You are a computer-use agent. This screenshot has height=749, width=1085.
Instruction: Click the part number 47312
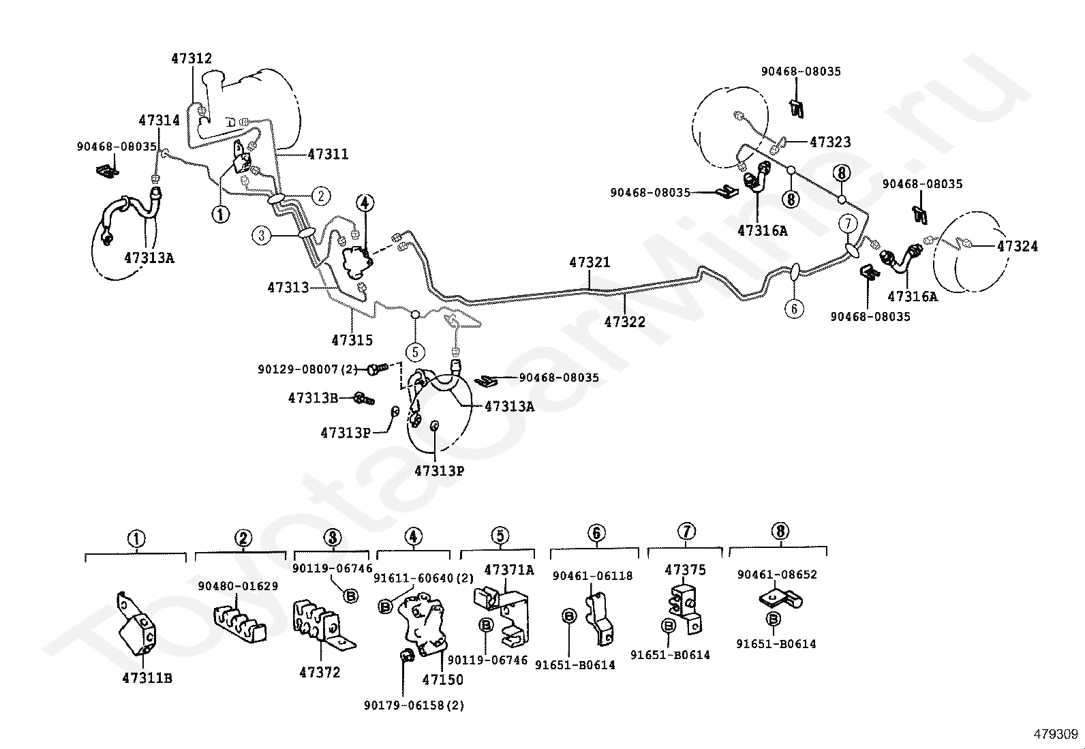pos(192,59)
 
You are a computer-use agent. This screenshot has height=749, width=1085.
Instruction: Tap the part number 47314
pos(159,120)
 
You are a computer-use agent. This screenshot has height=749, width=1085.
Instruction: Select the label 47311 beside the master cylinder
pos(328,154)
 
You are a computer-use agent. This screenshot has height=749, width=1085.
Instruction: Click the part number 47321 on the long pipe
pos(590,262)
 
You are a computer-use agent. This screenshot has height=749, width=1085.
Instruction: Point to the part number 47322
pos(625,322)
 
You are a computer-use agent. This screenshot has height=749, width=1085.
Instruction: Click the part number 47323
pos(830,142)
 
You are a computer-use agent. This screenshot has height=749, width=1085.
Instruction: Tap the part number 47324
pos(1017,246)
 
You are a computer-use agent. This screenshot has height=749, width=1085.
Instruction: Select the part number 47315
pos(352,340)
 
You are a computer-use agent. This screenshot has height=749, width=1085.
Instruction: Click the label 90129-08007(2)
pos(307,369)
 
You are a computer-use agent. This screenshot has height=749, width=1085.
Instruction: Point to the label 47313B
pos(313,398)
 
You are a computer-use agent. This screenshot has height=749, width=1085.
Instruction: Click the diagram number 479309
pos(1056,734)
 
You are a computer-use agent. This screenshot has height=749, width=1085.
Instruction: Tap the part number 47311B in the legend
pos(147,678)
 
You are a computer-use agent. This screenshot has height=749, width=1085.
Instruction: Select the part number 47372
pos(320,673)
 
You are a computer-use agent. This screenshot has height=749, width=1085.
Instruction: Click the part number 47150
pos(443,679)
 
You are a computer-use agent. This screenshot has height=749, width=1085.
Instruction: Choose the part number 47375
pos(686,570)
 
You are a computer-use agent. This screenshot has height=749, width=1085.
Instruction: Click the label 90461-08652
pos(777,575)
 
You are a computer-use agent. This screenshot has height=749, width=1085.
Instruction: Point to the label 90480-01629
pos(238,586)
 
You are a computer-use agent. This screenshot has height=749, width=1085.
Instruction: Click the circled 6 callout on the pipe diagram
pos(794,309)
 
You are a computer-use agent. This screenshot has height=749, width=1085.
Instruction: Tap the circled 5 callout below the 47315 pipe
pos(415,352)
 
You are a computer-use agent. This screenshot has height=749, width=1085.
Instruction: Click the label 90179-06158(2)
pos(414,705)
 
